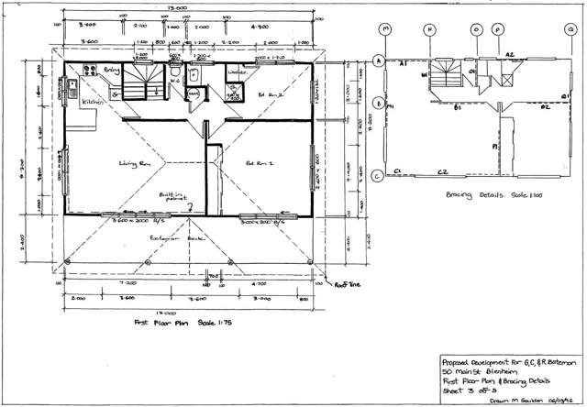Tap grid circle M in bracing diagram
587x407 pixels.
[386, 29]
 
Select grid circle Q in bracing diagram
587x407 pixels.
[570, 29]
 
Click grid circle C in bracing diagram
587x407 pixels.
[378, 178]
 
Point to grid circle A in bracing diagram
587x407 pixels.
[378, 61]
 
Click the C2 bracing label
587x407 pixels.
[442, 171]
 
